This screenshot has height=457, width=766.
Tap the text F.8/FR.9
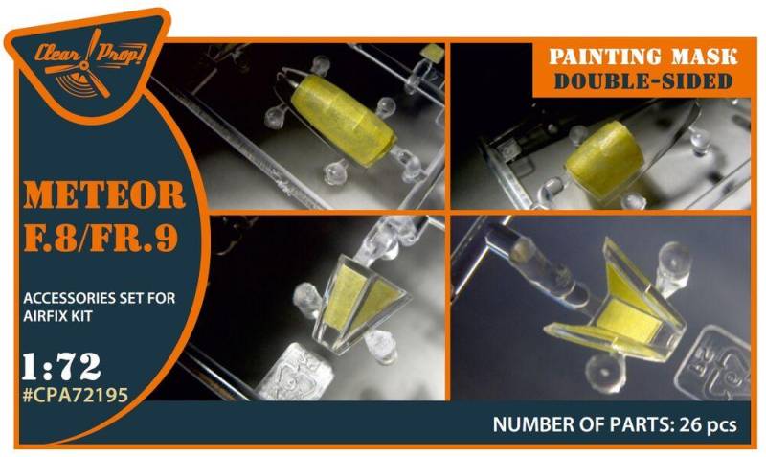[101, 237]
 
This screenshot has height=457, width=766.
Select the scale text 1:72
[61, 367]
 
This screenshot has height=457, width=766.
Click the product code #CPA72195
[76, 395]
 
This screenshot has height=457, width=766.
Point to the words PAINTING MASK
[642, 57]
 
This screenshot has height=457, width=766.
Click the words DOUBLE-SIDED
[643, 81]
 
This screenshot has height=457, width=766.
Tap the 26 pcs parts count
[706, 424]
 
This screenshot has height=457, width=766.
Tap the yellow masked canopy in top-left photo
[343, 119]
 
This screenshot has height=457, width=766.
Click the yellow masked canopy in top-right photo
[605, 159]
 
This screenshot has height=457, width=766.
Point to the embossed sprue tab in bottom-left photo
[296, 374]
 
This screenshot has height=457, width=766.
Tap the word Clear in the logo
[57, 53]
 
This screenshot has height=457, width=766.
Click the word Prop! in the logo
[122, 53]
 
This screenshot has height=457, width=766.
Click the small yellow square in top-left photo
[432, 54]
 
